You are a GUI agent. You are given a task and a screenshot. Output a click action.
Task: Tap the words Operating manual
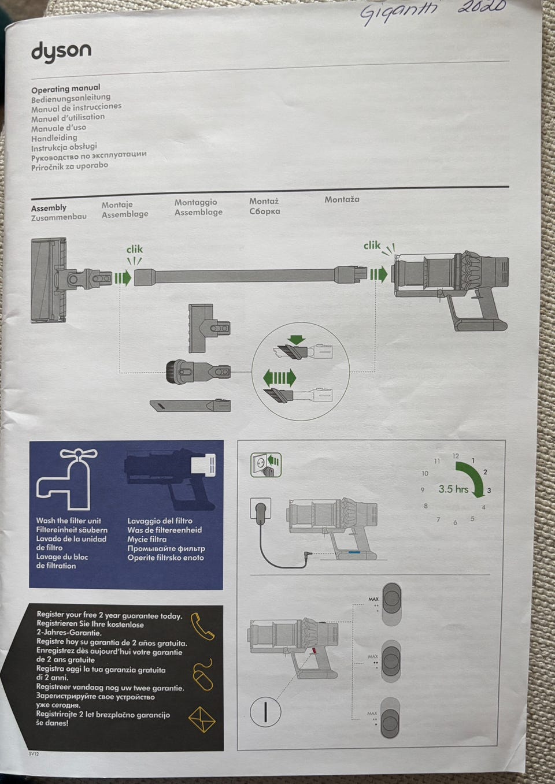point(65,88)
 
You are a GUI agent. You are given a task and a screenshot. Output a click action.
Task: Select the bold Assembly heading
point(49,207)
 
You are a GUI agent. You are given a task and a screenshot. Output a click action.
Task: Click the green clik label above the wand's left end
point(134,249)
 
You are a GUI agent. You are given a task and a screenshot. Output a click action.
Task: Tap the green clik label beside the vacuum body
point(372,245)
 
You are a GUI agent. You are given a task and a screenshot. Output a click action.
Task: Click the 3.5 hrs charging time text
point(453,489)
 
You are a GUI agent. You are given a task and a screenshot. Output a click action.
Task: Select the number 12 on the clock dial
point(456,456)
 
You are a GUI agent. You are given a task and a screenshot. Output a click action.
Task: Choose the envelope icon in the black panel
point(202,719)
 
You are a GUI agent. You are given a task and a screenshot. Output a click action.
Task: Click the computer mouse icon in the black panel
point(202,674)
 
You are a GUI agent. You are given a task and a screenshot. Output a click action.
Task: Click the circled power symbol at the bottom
point(265,711)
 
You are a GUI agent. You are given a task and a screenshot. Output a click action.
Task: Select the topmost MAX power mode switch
point(391,604)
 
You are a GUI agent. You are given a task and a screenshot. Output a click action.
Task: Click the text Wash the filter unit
point(68,521)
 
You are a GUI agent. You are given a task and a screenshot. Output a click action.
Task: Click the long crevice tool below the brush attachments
point(190,405)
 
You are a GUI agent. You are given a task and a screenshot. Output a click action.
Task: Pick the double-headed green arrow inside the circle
point(279,378)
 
